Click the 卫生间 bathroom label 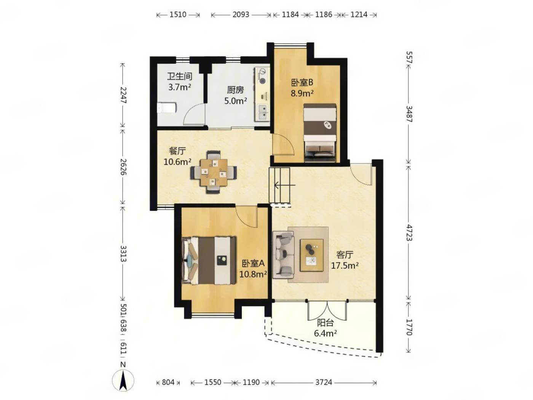pyautogui.click(x=179, y=77)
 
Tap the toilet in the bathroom pyautogui.click(x=167, y=108)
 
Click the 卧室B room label pyautogui.click(x=302, y=83)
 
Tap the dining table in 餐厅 pyautogui.click(x=214, y=173)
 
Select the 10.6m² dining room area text pyautogui.click(x=177, y=162)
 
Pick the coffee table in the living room pyautogui.click(x=312, y=255)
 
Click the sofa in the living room pyautogui.click(x=283, y=254)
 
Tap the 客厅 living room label pyautogui.click(x=345, y=255)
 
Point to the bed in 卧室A pyautogui.click(x=209, y=260)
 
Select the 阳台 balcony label pyautogui.click(x=326, y=323)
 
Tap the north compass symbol pyautogui.click(x=123, y=381)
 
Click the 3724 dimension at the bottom pyautogui.click(x=324, y=382)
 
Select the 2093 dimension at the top pyautogui.click(x=241, y=15)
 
